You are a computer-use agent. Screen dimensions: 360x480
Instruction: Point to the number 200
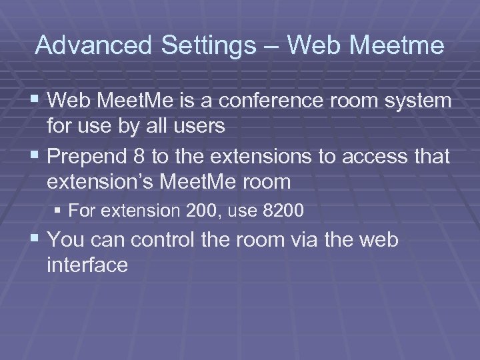199,211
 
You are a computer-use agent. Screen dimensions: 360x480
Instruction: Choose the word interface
87,265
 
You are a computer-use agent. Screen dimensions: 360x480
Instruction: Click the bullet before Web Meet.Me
36,101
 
